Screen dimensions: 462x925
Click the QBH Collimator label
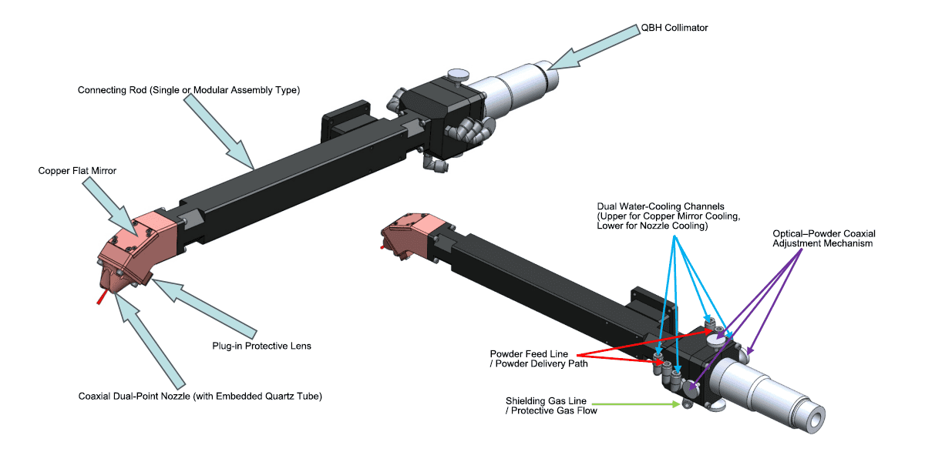[674, 28]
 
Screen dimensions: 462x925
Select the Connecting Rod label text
[188, 90]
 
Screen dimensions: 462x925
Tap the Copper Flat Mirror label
[77, 171]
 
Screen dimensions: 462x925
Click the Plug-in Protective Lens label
[261, 346]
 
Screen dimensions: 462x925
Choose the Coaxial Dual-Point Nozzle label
[200, 397]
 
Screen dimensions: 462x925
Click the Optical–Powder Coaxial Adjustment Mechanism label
[824, 239]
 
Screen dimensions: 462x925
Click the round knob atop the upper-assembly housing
[459, 75]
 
